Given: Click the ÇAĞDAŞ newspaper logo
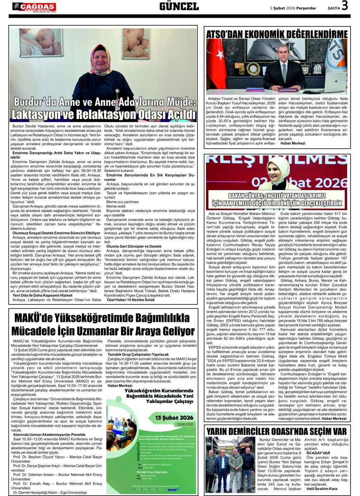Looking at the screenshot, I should tap(34, 7).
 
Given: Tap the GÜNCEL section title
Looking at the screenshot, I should tap(179, 7).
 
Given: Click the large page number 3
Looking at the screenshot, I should tap(344, 6).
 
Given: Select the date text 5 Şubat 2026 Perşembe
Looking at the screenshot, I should tap(293, 8).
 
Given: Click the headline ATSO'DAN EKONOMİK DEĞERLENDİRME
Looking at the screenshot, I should tap(277, 34).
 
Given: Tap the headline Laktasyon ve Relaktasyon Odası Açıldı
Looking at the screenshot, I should tap(103, 114).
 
